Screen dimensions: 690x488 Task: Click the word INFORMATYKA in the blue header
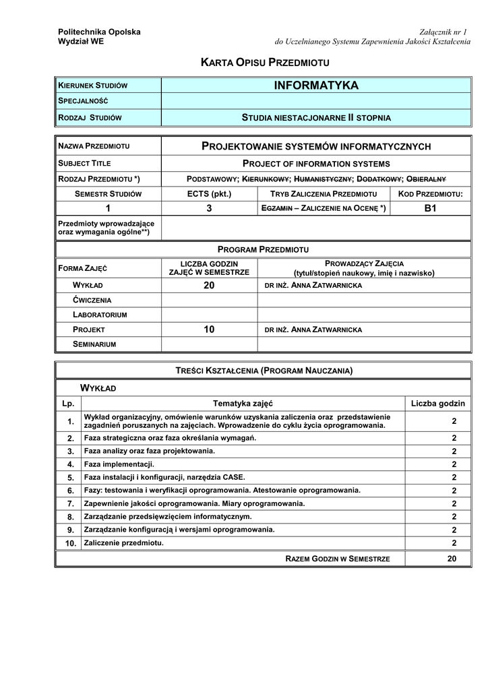tap(316, 86)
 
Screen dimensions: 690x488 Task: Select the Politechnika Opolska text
tap(100, 32)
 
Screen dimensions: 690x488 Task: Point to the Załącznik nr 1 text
tap(443, 32)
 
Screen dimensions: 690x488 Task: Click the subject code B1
tap(431, 208)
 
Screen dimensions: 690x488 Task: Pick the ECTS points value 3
tap(209, 208)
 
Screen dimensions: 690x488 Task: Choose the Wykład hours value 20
tap(209, 286)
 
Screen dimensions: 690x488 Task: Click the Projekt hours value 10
tap(209, 330)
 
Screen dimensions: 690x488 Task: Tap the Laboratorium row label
tap(100, 315)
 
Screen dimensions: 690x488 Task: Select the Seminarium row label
tap(95, 344)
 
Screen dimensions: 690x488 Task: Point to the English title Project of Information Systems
tap(316, 163)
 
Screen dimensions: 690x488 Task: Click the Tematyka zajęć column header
tap(243, 404)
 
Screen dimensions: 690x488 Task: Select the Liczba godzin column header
tap(438, 404)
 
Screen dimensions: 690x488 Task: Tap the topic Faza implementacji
tap(119, 464)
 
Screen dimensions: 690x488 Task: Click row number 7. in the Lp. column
tap(70, 503)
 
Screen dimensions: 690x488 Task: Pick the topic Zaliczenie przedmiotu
tap(124, 542)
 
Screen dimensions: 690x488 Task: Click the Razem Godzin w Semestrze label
tap(338, 559)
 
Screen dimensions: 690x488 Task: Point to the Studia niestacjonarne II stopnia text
tap(316, 117)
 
